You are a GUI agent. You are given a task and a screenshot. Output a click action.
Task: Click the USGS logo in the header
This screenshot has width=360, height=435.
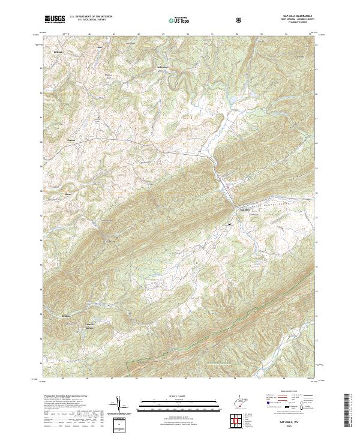pos(54,20)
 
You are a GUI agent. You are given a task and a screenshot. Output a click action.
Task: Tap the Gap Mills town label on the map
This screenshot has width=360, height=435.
pos(244,209)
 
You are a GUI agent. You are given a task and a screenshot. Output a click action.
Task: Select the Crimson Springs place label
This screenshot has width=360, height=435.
pos(89,316)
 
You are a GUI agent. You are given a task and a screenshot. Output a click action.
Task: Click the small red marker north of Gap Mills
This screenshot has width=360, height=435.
pos(227,187)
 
